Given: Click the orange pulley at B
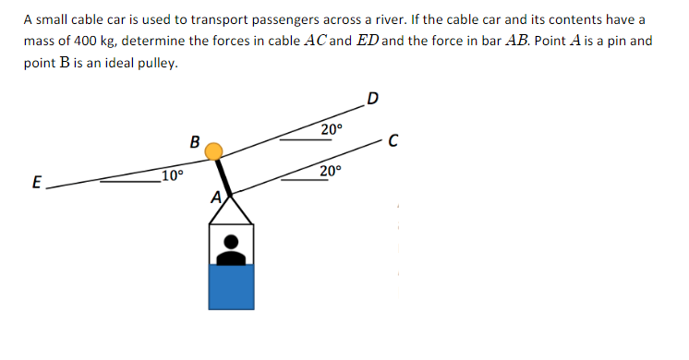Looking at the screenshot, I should (213, 151).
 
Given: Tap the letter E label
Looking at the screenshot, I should (36, 184).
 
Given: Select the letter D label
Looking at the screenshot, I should (372, 100).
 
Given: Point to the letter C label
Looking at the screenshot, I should (393, 141).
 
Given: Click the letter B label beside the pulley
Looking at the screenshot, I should (194, 143).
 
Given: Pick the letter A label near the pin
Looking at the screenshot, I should (215, 197).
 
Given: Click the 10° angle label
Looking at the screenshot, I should (173, 175).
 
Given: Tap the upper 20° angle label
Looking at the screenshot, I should (332, 129).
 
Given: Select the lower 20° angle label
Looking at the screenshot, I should (331, 172).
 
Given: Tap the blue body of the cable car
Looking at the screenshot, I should (231, 285).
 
